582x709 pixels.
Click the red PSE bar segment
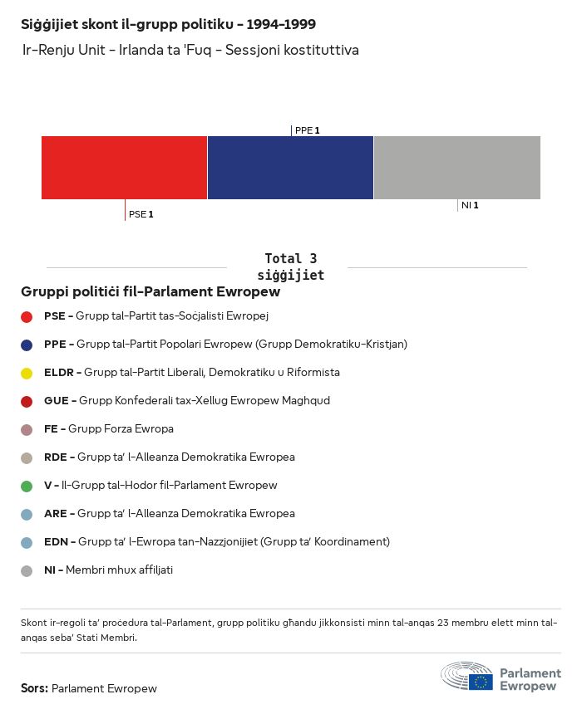(x=124, y=168)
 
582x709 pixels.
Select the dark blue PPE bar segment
(x=290, y=168)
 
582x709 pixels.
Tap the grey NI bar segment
(x=457, y=168)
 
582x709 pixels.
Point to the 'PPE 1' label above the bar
(x=307, y=130)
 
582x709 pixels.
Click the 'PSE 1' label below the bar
(x=141, y=214)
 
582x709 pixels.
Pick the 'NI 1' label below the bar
(x=469, y=205)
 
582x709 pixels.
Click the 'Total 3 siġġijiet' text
(x=290, y=266)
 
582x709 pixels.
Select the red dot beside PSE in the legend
(x=27, y=316)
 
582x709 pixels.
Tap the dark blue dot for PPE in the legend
(x=27, y=345)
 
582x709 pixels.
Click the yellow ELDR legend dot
(x=27, y=373)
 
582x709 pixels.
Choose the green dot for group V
(x=27, y=486)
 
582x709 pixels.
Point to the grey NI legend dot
(x=27, y=570)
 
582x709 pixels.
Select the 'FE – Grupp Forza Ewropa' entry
(x=109, y=428)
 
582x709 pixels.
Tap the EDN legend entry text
(x=217, y=541)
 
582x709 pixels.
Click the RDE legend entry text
(x=170, y=457)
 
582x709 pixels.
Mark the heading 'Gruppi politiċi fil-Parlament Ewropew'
(x=150, y=292)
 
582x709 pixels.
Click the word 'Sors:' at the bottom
(x=34, y=688)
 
